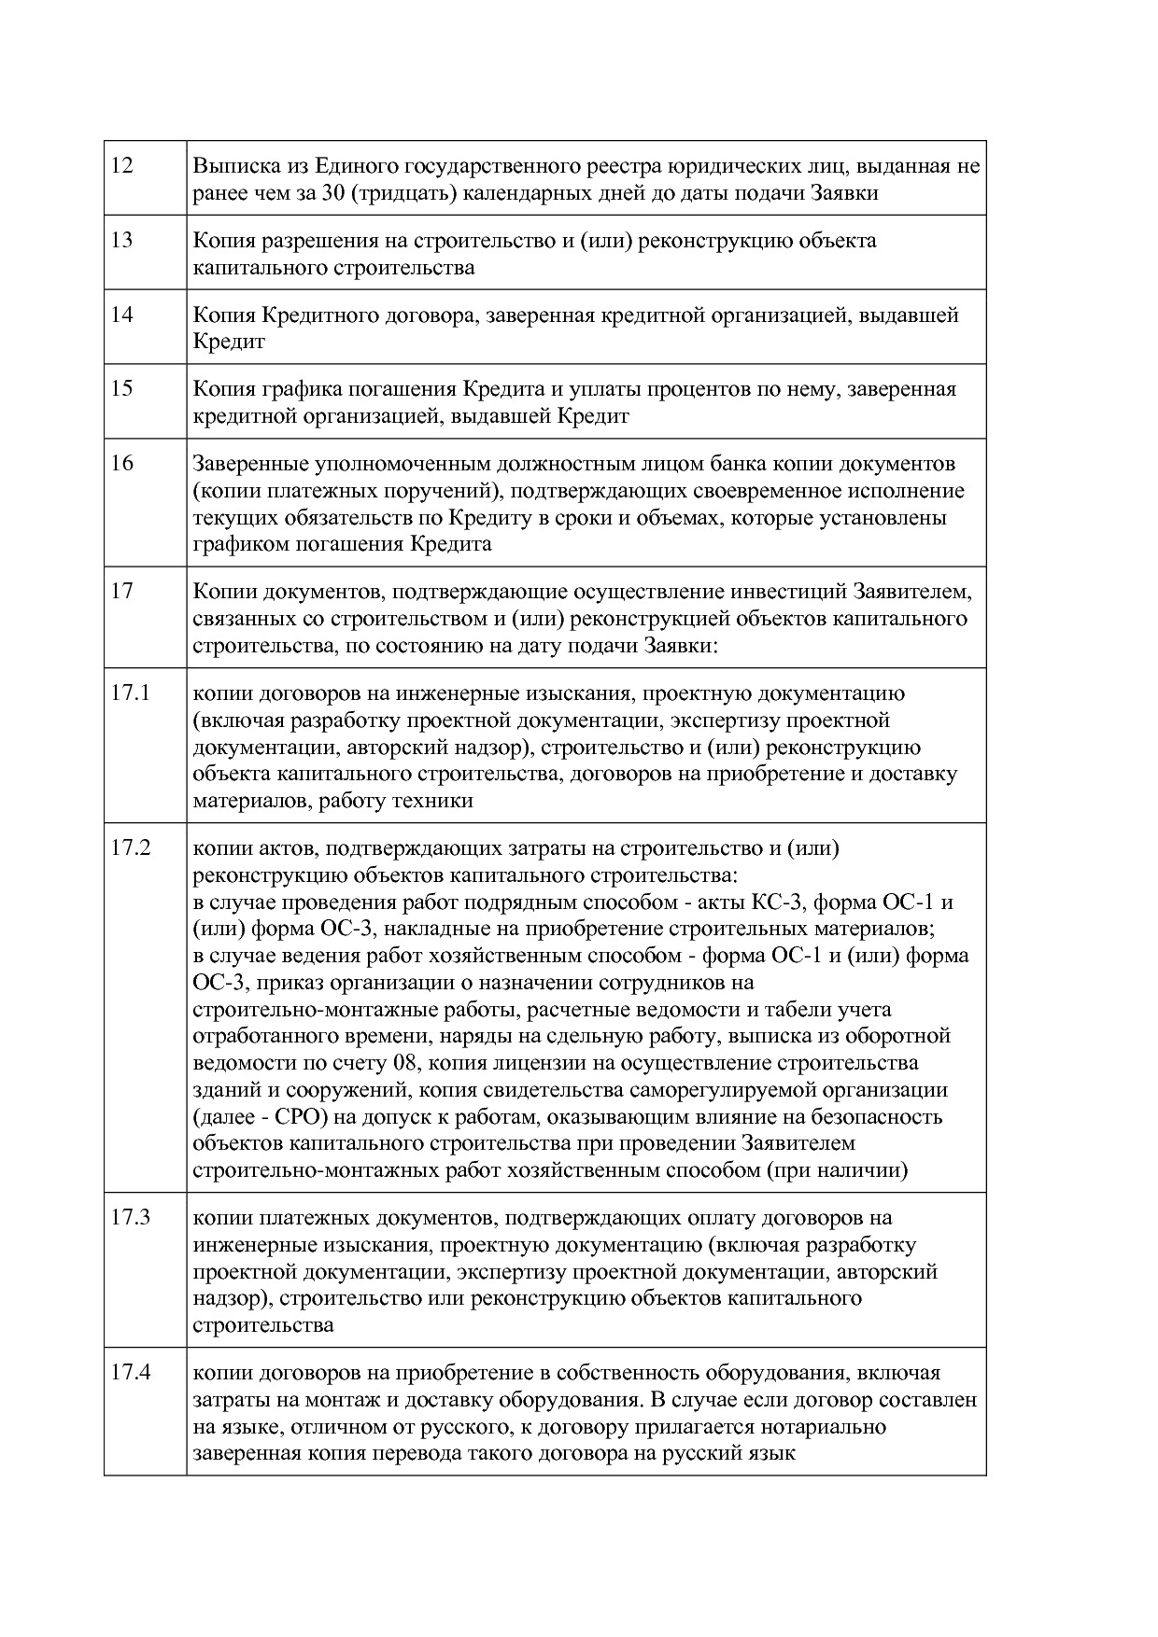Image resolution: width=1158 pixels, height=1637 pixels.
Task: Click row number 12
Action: click(122, 166)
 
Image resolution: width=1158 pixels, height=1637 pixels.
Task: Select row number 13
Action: click(122, 241)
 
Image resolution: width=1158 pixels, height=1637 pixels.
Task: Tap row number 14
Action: click(122, 315)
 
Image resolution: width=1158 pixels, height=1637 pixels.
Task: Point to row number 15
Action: click(122, 389)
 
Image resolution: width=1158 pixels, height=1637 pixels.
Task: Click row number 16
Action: click(122, 464)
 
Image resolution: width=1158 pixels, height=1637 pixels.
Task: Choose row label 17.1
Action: click(130, 693)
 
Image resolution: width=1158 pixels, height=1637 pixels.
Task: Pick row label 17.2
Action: click(131, 848)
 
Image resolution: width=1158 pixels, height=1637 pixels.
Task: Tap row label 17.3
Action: click(131, 1218)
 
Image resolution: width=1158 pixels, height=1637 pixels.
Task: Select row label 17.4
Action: click(131, 1373)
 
